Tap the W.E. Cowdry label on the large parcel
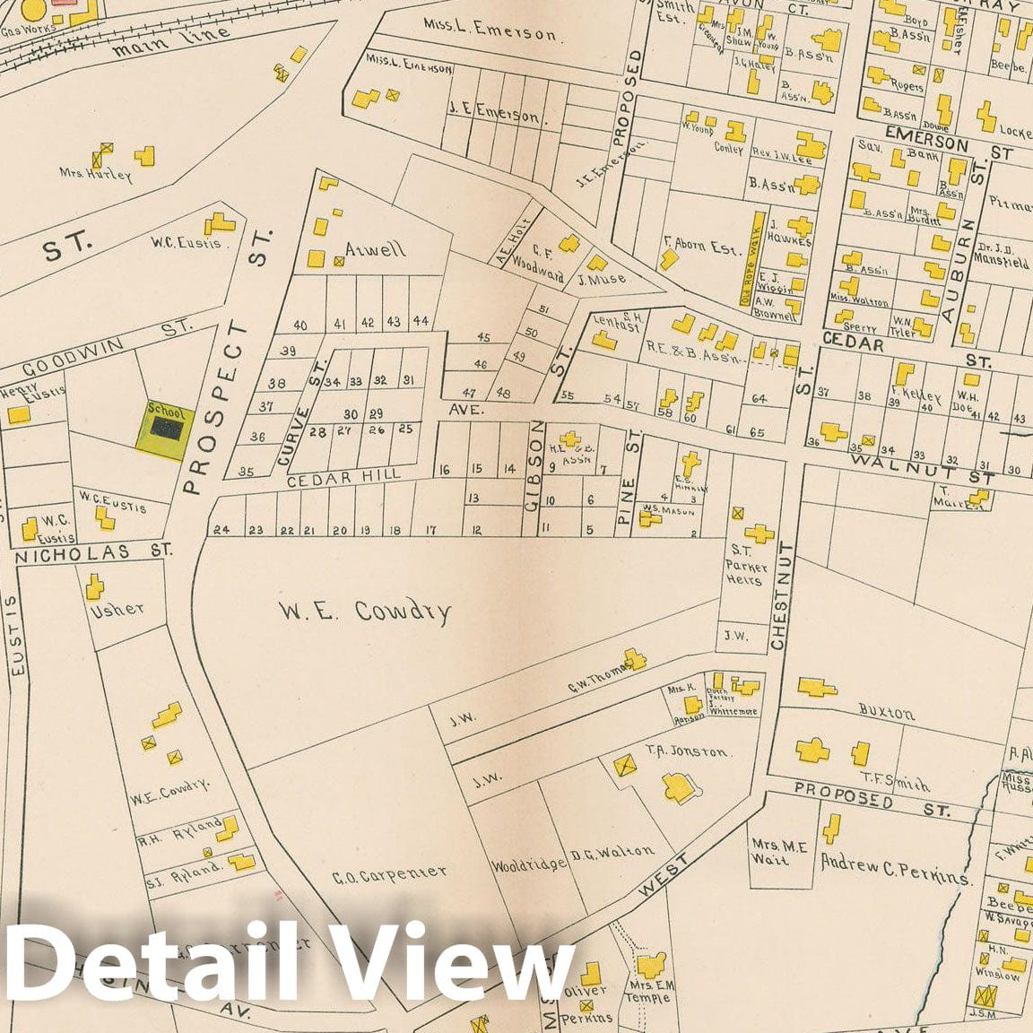coord(364,612)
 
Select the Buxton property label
coord(887,715)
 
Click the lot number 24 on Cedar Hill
coord(221,530)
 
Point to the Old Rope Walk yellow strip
coord(746,257)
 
